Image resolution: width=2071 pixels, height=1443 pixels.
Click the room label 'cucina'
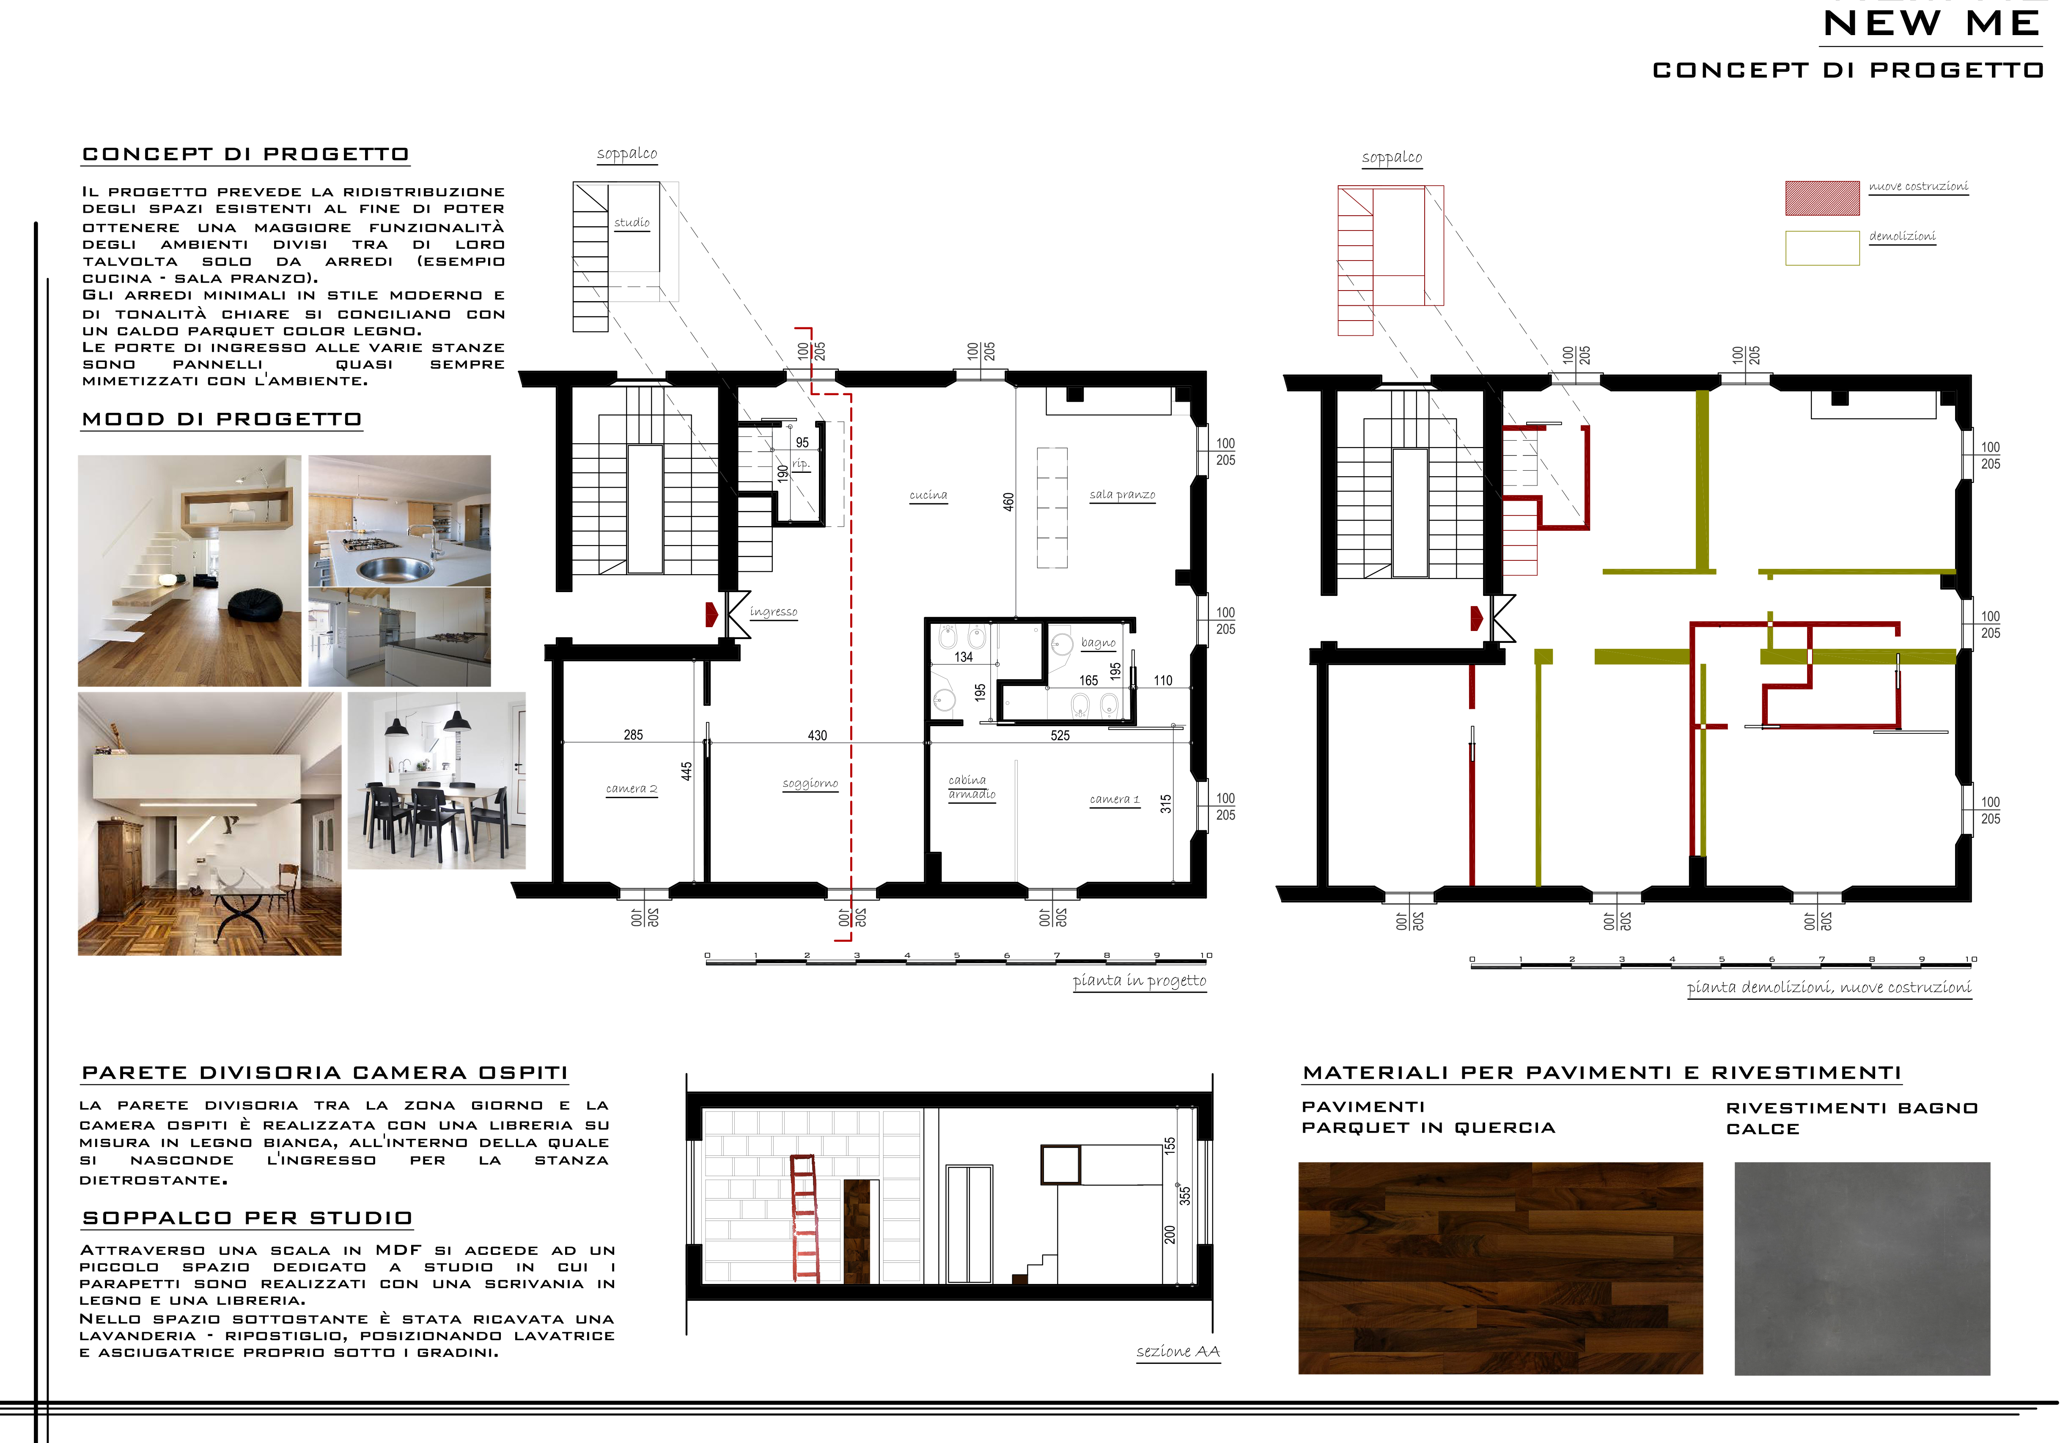click(928, 495)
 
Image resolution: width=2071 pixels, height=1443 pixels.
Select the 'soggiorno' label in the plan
click(810, 784)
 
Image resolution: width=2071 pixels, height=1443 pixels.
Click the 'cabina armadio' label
click(972, 787)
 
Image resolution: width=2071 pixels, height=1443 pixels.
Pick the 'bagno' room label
click(1098, 643)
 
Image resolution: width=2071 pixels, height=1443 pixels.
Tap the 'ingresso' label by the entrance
click(773, 612)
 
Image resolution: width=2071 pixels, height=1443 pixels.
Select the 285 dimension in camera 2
click(633, 735)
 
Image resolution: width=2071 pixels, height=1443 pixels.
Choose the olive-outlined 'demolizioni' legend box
click(1822, 248)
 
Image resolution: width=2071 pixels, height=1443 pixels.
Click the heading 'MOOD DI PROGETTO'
click(222, 420)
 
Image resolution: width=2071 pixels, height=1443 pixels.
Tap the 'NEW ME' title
click(1932, 23)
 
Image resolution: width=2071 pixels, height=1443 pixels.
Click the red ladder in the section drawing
click(805, 1218)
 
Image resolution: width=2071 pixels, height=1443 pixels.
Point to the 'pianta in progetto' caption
click(1139, 981)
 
